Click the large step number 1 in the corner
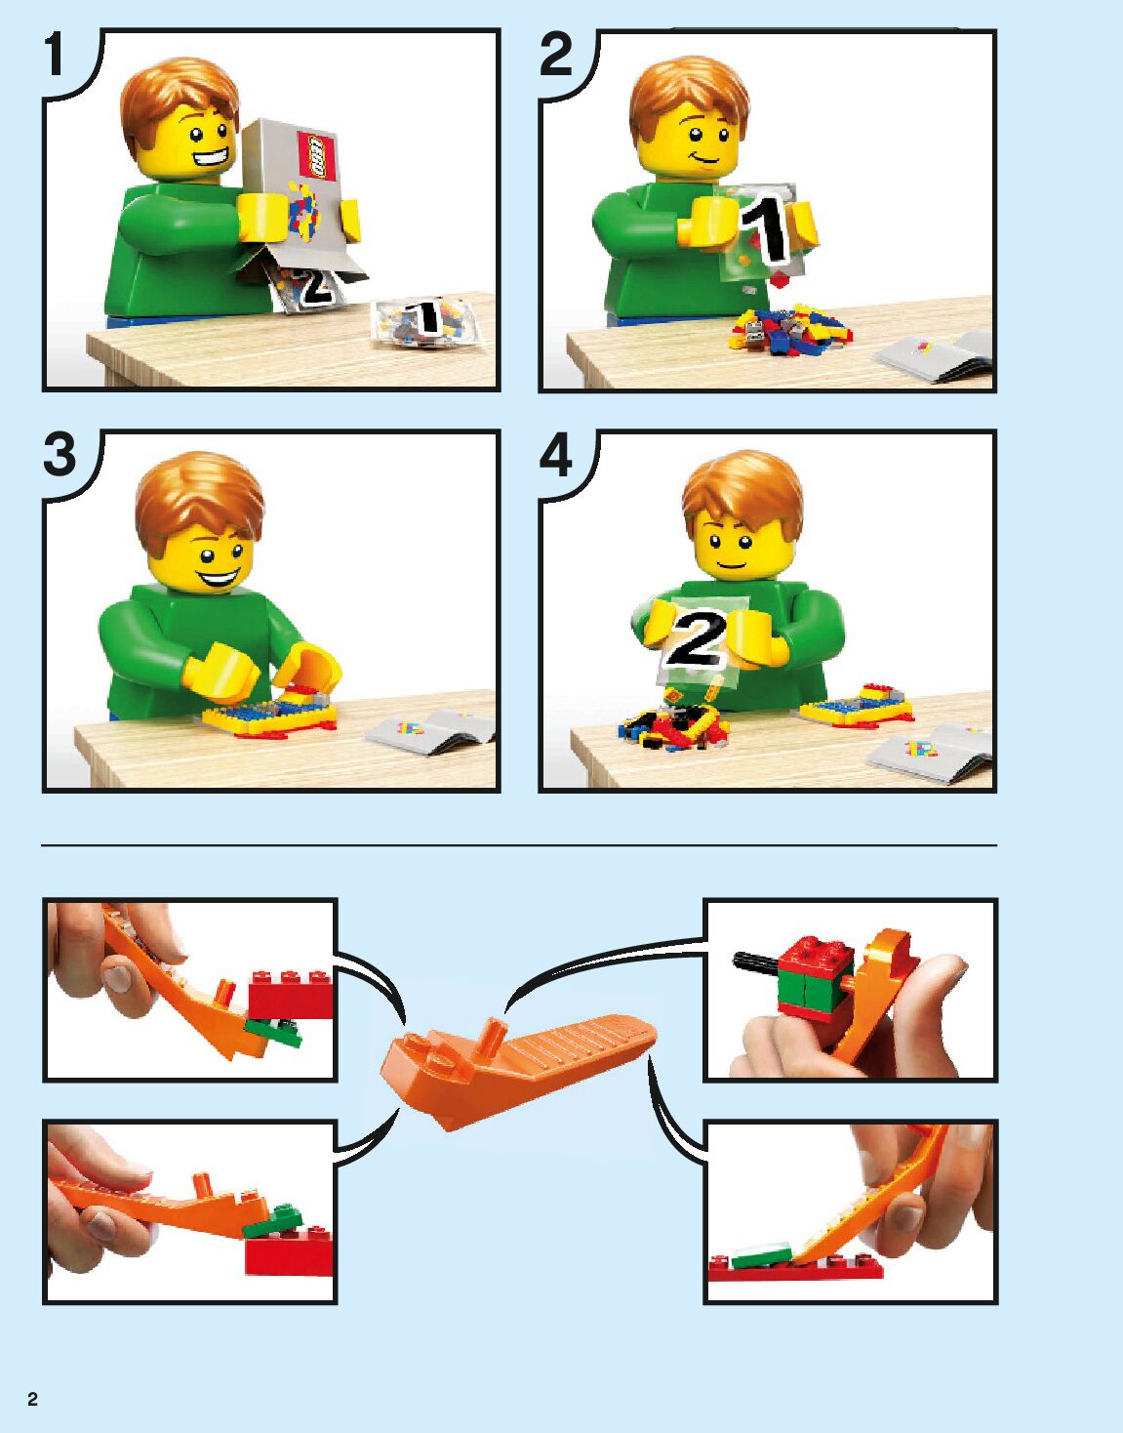[x=56, y=55]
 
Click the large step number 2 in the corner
[x=555, y=55]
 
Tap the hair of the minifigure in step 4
[x=743, y=491]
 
